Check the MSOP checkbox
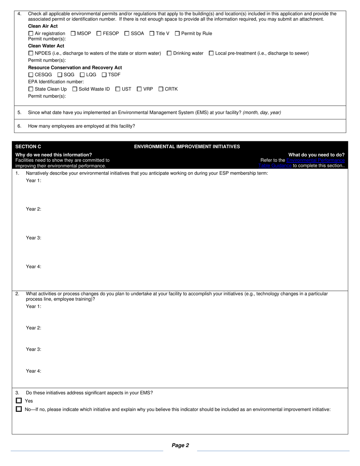73,33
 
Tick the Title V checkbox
152,33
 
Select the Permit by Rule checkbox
177,33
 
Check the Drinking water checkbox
169,53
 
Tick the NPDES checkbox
31,53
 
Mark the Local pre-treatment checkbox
211,53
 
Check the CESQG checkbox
31,75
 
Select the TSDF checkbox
104,75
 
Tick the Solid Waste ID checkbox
75,89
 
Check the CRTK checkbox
161,89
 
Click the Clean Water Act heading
46,46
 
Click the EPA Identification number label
56,82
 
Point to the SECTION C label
28,147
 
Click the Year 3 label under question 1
33,238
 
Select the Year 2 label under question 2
33,328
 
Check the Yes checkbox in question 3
19,400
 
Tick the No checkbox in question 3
19,409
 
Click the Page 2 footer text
180,446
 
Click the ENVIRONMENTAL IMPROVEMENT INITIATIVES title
187,147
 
